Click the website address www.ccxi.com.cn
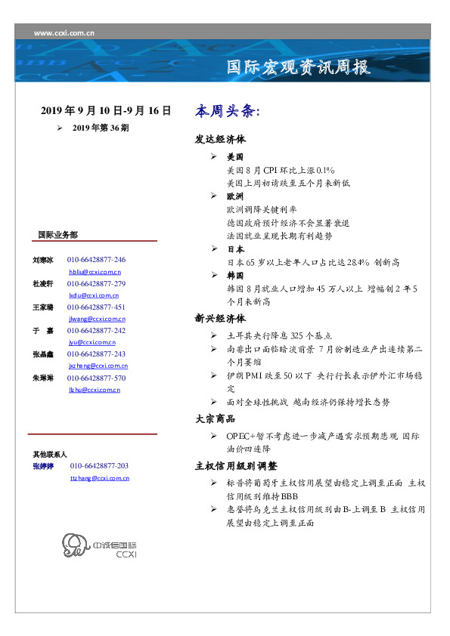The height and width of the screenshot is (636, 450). point(64,33)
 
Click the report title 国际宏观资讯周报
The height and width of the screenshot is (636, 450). point(299,68)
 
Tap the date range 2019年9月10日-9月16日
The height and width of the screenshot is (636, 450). point(105,111)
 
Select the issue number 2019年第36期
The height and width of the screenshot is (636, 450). point(101,128)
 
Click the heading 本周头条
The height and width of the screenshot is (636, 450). point(228,112)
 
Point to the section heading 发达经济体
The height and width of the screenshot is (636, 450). point(220,140)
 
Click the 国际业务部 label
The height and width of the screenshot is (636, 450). point(57,235)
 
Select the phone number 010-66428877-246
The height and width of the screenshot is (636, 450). point(96,260)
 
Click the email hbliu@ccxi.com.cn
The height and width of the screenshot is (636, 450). point(95,271)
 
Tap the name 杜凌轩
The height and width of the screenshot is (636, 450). point(42,283)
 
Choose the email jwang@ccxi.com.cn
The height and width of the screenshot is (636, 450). point(95,320)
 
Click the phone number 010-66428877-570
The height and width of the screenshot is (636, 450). point(96,378)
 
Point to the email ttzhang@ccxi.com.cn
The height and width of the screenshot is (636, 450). point(99,478)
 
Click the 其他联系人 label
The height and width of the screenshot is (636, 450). point(50,455)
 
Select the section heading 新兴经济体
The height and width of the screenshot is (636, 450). point(220,319)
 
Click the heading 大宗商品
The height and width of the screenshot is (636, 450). point(215,418)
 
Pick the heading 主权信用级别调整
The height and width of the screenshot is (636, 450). point(236,466)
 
